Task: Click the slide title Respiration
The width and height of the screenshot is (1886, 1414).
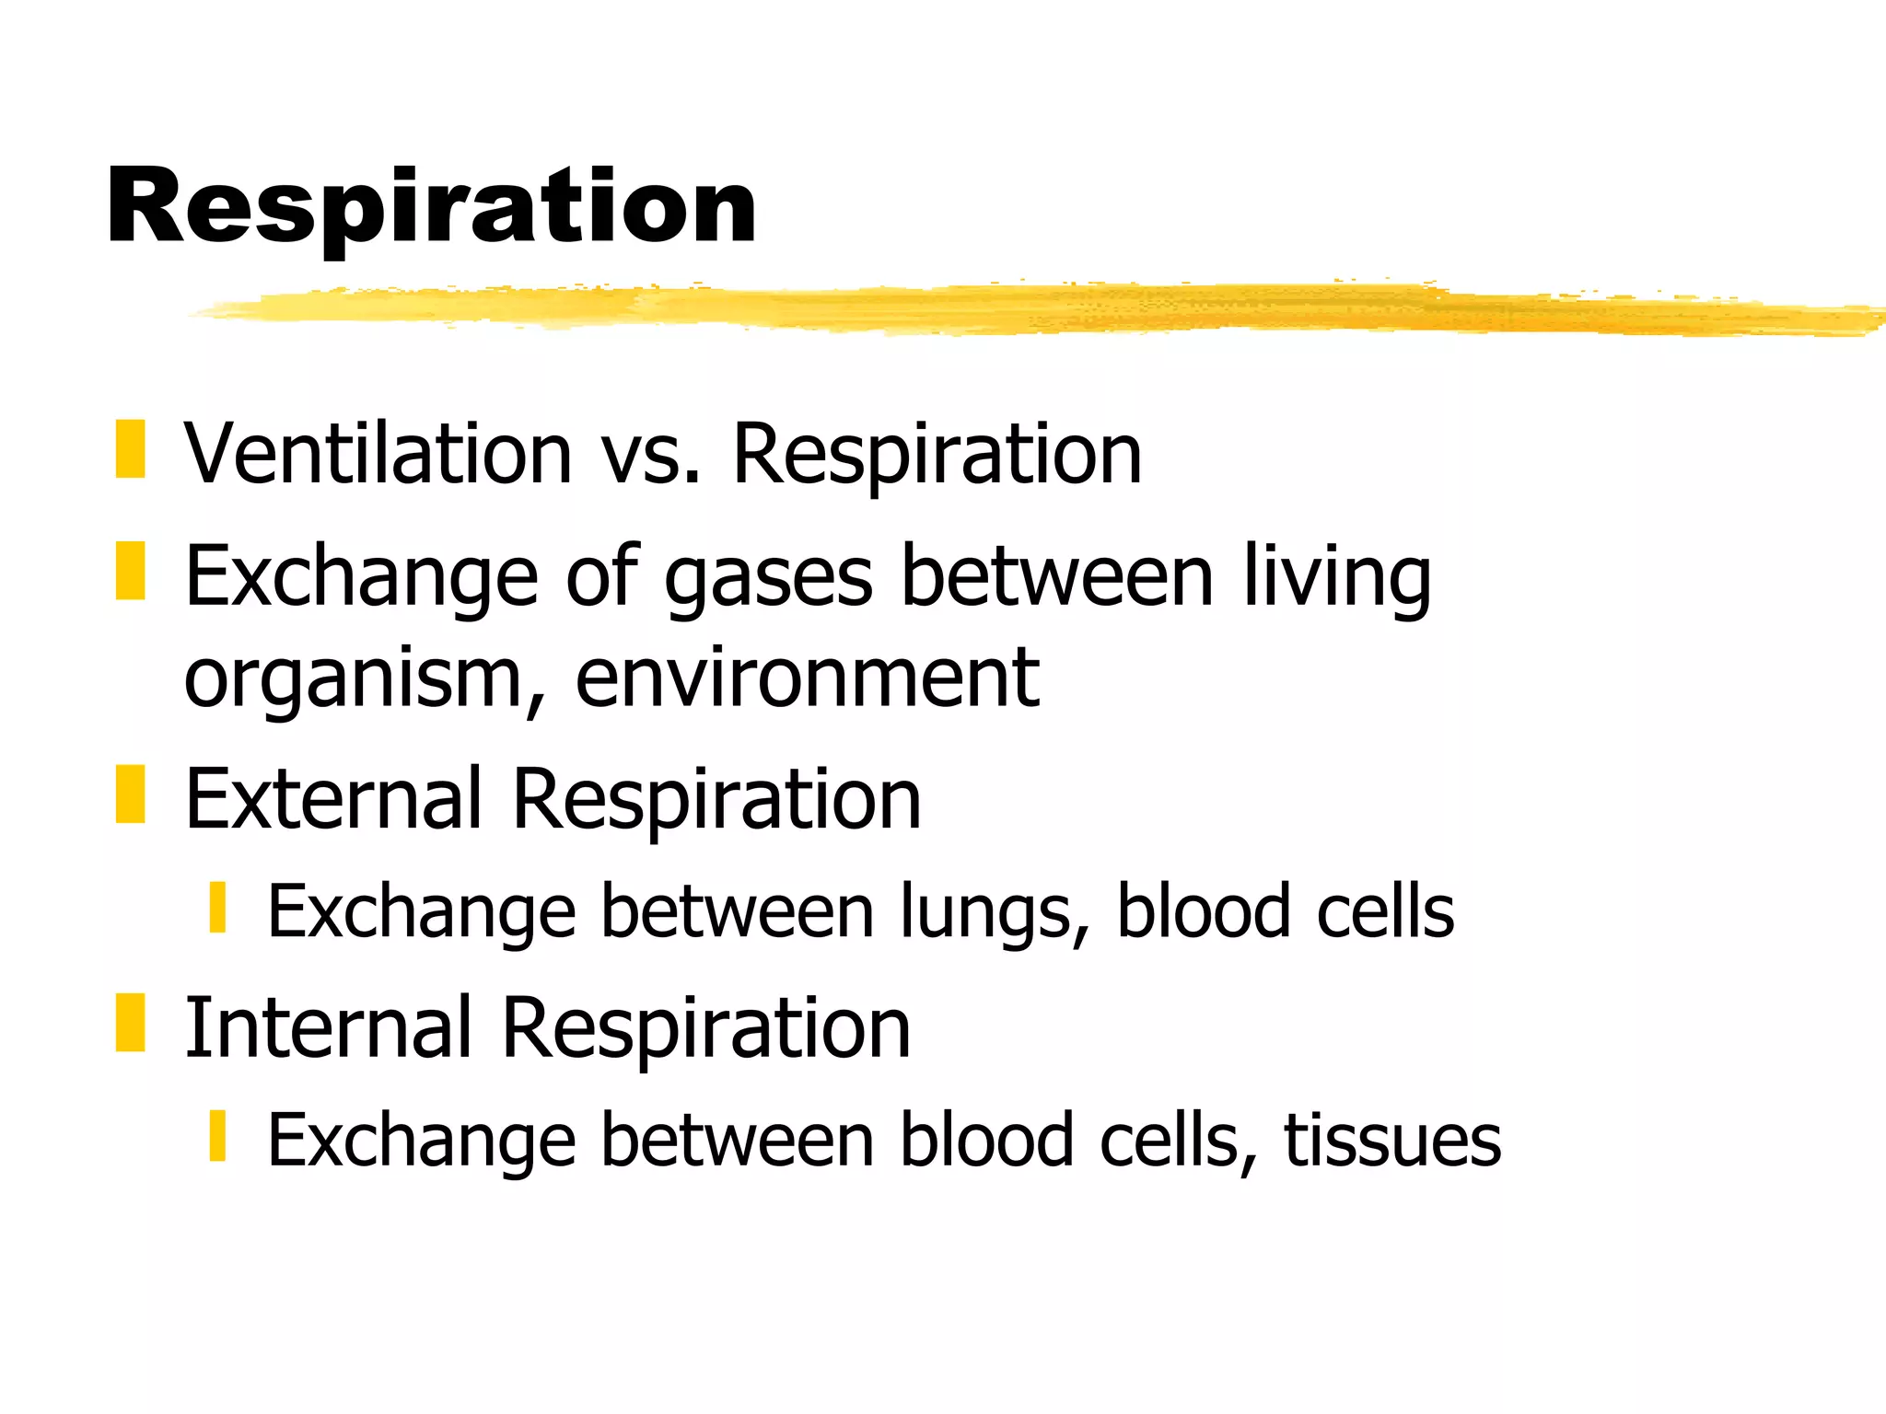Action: coord(431,207)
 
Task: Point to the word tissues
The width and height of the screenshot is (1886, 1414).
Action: coord(1392,1142)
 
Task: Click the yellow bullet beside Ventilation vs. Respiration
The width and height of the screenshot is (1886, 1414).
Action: coord(130,449)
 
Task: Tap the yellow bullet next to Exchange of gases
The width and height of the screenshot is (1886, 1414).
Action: coord(130,571)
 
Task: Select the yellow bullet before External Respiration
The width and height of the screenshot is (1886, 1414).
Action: coord(130,794)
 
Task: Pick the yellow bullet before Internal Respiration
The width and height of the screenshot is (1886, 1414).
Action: coord(130,1022)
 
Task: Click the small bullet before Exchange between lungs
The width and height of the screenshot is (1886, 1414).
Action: coord(217,907)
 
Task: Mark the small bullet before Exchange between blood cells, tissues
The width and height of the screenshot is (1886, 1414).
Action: coord(217,1135)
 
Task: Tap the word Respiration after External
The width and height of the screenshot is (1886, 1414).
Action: coord(716,801)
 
